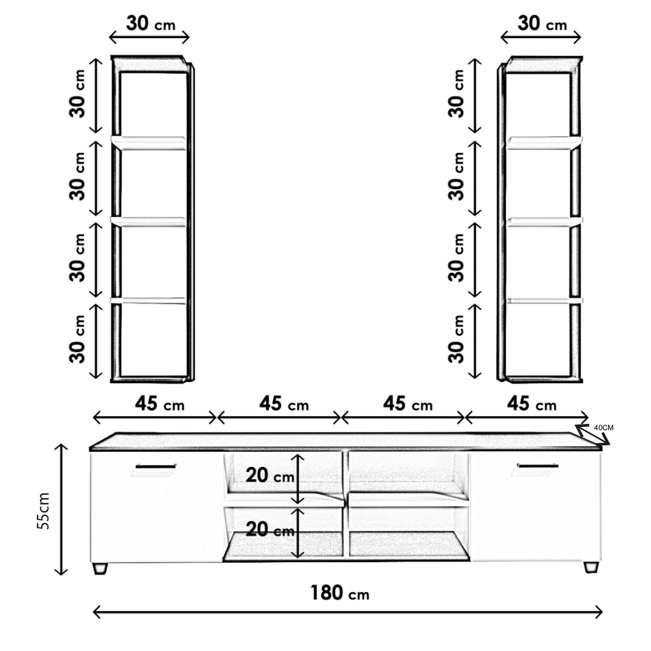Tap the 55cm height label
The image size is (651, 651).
pyautogui.click(x=43, y=511)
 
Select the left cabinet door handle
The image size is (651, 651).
pyautogui.click(x=156, y=466)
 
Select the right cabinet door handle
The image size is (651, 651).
pyautogui.click(x=537, y=466)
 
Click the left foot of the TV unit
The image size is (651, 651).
pyautogui.click(x=100, y=568)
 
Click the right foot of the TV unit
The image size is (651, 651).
pyautogui.click(x=591, y=567)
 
